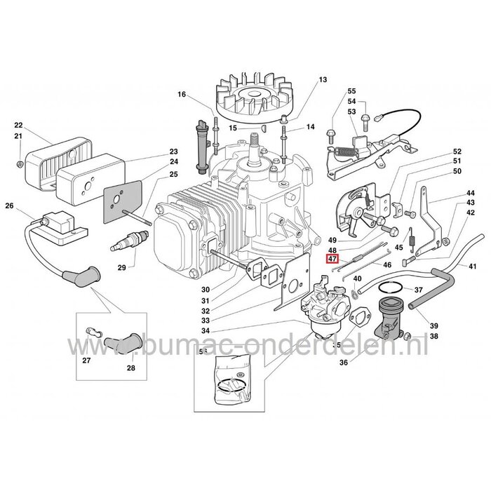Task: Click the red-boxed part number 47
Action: pos(332,259)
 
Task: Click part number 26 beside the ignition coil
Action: pos(9,206)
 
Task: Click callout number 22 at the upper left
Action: pos(18,125)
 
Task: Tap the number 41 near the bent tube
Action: pos(472,267)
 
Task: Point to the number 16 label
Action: pos(182,95)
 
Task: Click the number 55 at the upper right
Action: pos(351,91)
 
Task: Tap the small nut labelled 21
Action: pos(20,163)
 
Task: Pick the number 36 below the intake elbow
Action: pos(343,363)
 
